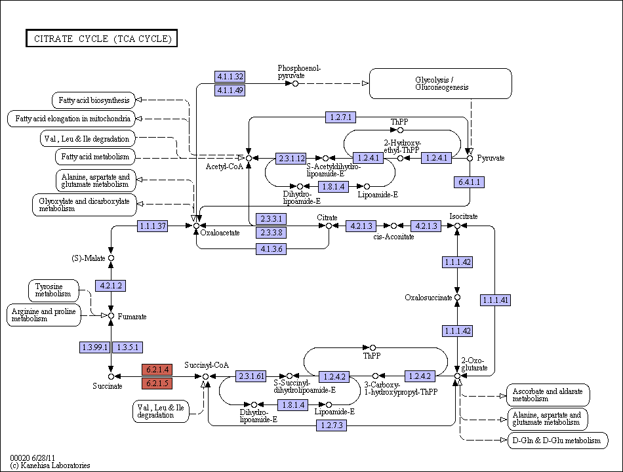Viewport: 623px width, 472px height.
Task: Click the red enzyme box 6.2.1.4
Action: point(157,370)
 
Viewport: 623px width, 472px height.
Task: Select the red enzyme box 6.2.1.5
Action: point(157,383)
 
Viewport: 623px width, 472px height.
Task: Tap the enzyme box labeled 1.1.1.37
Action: point(153,226)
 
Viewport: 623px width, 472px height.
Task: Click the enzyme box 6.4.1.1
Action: point(470,182)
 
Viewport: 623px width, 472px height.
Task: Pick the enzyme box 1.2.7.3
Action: point(332,425)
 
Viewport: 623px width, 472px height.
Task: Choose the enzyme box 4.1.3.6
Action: point(271,249)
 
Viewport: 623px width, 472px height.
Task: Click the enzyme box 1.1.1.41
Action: point(495,300)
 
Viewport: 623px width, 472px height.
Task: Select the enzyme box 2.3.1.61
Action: point(251,376)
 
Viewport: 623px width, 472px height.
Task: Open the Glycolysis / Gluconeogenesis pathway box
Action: point(441,83)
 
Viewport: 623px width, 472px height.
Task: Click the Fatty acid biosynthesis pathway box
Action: point(94,100)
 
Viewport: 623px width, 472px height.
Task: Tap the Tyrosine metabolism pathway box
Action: point(54,290)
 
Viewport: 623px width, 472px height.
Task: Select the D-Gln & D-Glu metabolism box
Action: point(558,441)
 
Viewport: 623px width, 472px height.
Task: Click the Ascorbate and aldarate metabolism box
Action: point(548,395)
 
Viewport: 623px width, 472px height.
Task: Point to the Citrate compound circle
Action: point(329,226)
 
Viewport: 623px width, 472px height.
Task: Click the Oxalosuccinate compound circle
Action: point(457,298)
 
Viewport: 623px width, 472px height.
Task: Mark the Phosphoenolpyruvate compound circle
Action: point(295,83)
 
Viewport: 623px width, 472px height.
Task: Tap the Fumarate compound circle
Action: point(111,316)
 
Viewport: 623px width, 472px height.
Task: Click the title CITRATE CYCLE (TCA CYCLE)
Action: point(102,38)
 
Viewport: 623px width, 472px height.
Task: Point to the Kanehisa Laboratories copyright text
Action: point(50,465)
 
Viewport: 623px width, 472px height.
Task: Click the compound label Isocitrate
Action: point(464,216)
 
